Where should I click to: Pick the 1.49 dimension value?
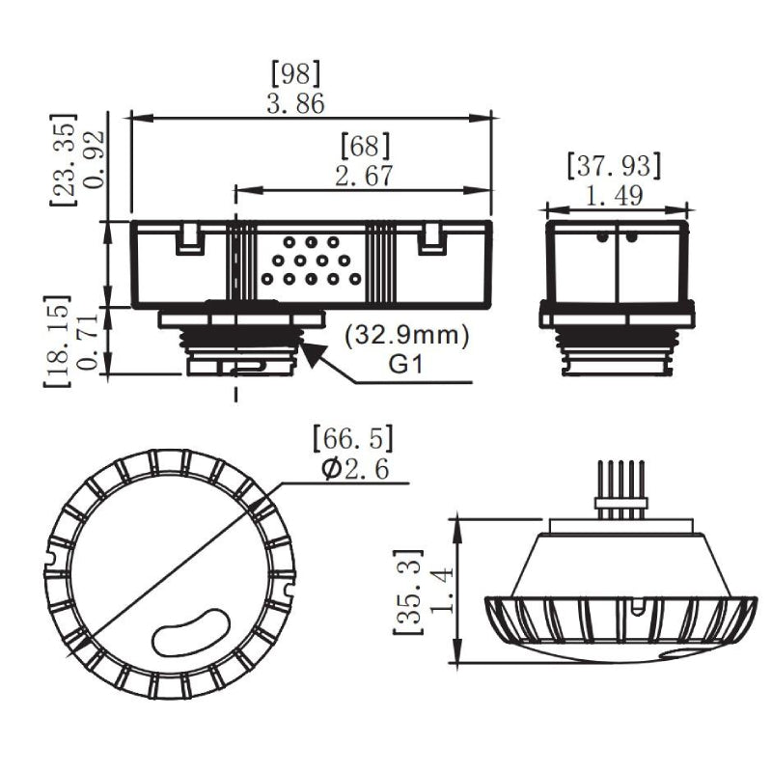coord(616,196)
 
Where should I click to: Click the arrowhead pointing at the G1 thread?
coord(312,353)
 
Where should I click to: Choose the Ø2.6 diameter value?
coord(352,470)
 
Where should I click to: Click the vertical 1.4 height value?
coord(440,591)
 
